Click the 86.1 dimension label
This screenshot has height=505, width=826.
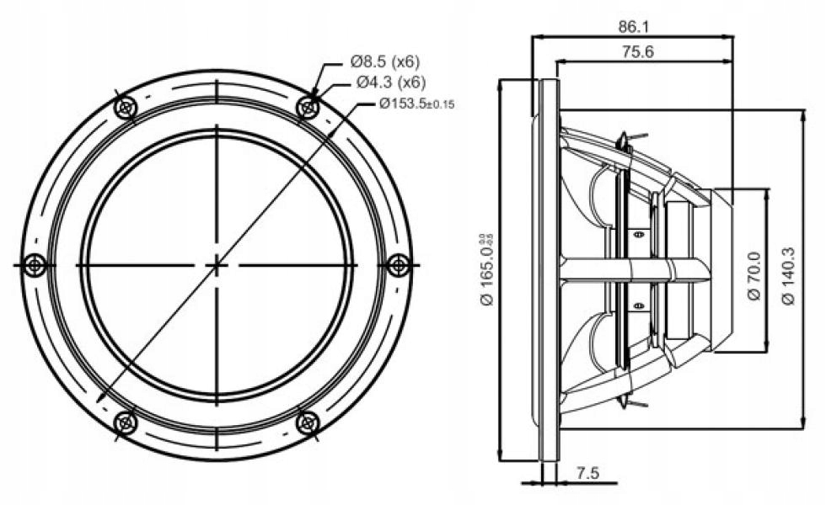coord(631,26)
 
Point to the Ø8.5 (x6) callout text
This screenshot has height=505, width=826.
coord(384,61)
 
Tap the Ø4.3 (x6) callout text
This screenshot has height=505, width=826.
coord(390,82)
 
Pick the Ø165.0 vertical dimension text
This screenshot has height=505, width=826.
coord(487,271)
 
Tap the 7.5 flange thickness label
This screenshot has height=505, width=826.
coord(588,474)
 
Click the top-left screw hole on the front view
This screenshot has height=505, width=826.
coord(126,108)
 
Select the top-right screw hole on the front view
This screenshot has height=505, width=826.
coord(308,108)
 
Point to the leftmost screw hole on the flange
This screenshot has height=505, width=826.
coord(35,265)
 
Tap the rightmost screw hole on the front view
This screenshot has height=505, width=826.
coord(399,265)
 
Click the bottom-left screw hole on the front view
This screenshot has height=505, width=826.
coord(126,423)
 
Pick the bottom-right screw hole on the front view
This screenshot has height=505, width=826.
coord(308,423)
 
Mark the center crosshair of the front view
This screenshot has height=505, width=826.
coord(217,265)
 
